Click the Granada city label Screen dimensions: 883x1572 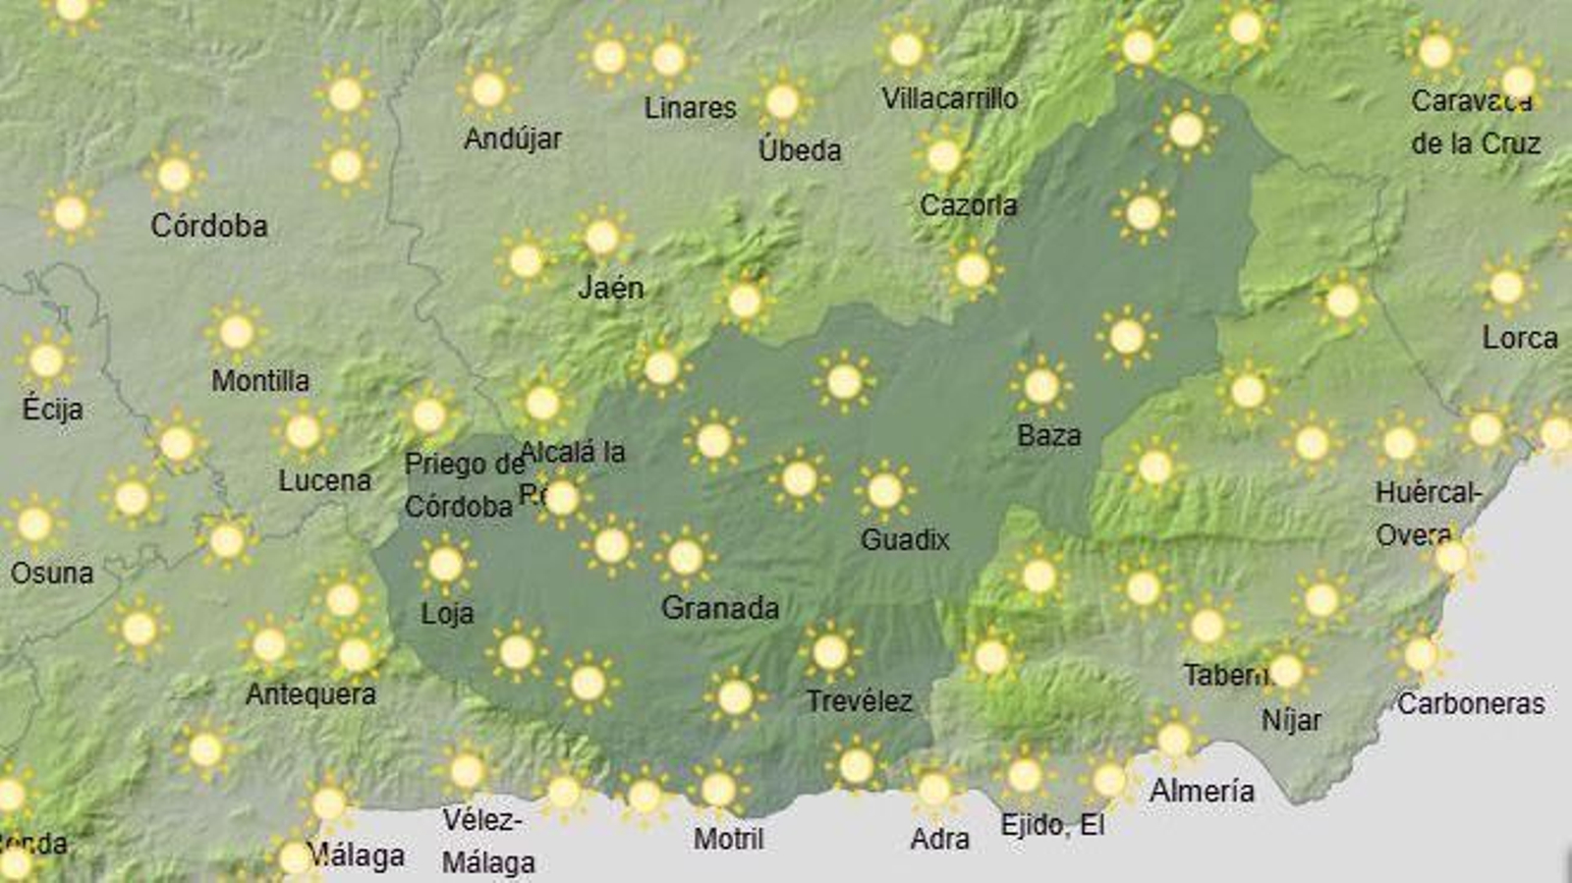pyautogui.click(x=719, y=608)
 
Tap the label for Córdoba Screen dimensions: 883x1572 pyautogui.click(x=208, y=226)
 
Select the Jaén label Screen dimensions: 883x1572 pyautogui.click(x=610, y=288)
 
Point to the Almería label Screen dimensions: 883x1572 pyautogui.click(x=1202, y=791)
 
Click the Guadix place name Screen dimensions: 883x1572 pyautogui.click(x=905, y=539)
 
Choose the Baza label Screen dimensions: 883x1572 pyautogui.click(x=1048, y=435)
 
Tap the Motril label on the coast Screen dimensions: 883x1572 pyautogui.click(x=728, y=839)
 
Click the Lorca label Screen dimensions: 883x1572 pyautogui.click(x=1519, y=338)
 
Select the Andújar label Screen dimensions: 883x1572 pyautogui.click(x=512, y=138)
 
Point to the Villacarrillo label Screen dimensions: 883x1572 pyautogui.click(x=949, y=98)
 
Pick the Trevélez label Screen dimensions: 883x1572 pyautogui.click(x=859, y=701)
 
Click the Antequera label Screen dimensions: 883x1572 pyautogui.click(x=310, y=694)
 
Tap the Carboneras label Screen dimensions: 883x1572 pyautogui.click(x=1470, y=703)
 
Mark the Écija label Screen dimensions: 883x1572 pyautogui.click(x=52, y=409)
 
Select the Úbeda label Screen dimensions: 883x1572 pyautogui.click(x=799, y=150)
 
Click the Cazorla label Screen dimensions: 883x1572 pyautogui.click(x=968, y=205)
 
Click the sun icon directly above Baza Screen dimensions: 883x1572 pyautogui.click(x=1040, y=386)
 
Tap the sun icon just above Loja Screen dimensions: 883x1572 pyautogui.click(x=445, y=565)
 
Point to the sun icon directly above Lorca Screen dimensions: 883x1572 pyautogui.click(x=1505, y=287)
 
